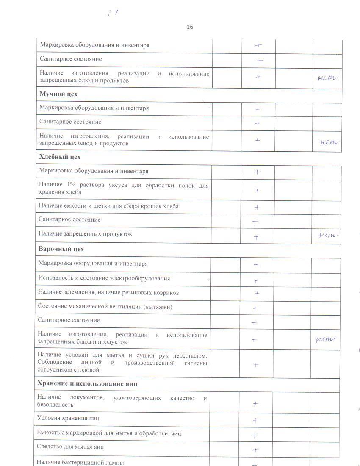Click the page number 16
[190, 27]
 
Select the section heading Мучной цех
[58, 94]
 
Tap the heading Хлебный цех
[60, 157]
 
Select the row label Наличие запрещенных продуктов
[85, 234]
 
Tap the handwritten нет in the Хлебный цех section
[328, 235]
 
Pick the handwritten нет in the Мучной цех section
[329, 142]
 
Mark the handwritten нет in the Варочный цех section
[327, 339]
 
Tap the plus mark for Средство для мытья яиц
[255, 450]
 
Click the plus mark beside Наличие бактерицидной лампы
[255, 464]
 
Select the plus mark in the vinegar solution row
[257, 191]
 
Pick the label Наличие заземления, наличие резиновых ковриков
[108, 293]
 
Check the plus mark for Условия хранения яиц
[255, 420]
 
